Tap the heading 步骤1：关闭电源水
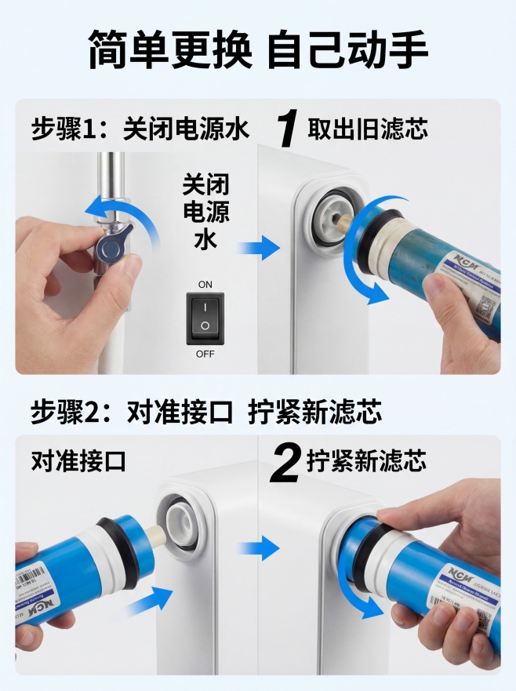pos(140,129)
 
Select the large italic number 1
pos(289,128)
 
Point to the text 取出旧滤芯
pos(368,129)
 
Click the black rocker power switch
pos(205,318)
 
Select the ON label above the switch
pos(205,284)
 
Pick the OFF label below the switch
pos(205,354)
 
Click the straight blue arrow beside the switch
pos(259,250)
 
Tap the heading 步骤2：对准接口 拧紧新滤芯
pos(206,412)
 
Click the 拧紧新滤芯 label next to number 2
pos(366,461)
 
